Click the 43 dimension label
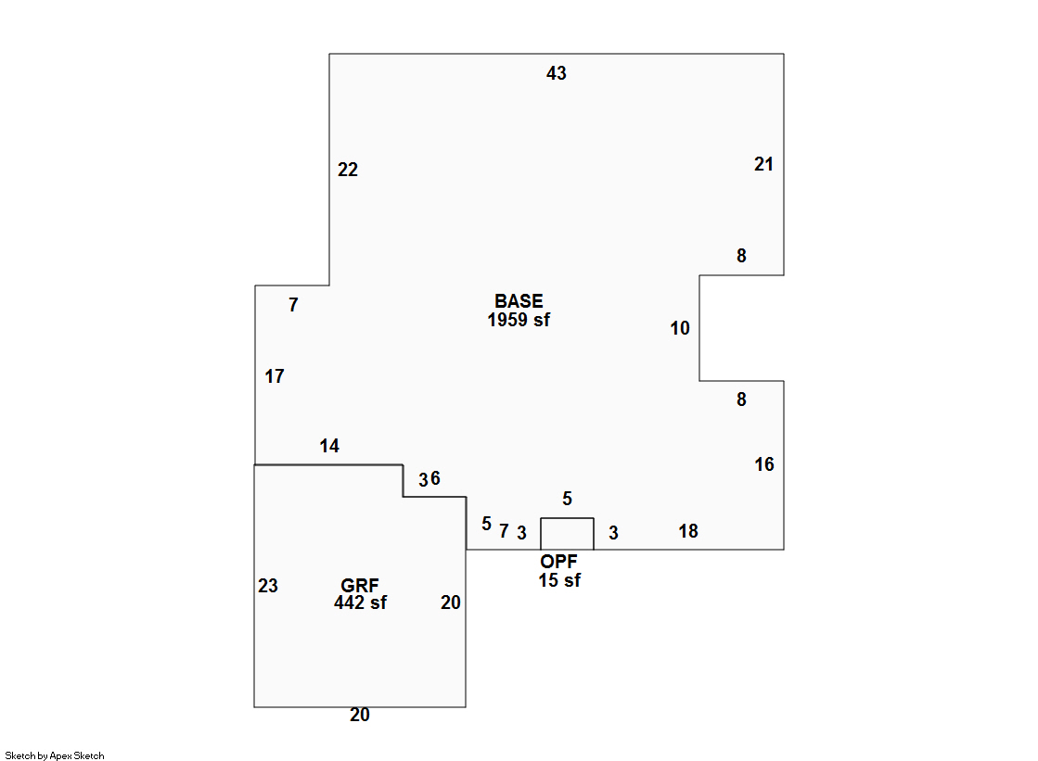click(557, 73)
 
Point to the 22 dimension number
click(348, 170)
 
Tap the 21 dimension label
click(763, 164)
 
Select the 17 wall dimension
click(275, 376)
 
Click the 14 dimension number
click(329, 446)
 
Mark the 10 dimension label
click(680, 328)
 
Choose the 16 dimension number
click(764, 464)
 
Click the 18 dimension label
click(688, 531)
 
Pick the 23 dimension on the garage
click(268, 586)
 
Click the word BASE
click(519, 301)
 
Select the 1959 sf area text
click(519, 321)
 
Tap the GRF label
click(360, 586)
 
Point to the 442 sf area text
click(360, 603)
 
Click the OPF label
click(559, 562)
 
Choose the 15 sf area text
click(559, 581)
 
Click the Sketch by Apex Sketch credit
click(55, 755)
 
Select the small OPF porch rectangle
click(567, 534)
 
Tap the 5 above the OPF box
click(568, 499)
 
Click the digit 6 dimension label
click(435, 478)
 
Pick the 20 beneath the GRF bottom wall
click(360, 715)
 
